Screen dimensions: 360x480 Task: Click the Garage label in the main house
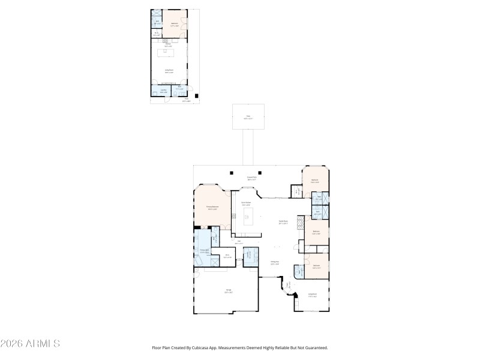click(x=228, y=290)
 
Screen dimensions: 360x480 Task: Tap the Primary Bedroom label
click(x=212, y=208)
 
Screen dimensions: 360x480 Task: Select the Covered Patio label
click(x=252, y=178)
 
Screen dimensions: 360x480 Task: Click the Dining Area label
click(x=274, y=263)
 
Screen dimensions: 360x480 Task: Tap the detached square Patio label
click(x=248, y=118)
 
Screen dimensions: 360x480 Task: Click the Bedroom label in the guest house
click(x=175, y=25)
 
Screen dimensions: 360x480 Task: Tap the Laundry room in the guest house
click(x=163, y=91)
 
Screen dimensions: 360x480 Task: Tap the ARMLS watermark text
click(x=30, y=344)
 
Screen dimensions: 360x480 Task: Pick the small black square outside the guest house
click(x=198, y=95)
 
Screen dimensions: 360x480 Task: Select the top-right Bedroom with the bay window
click(x=314, y=180)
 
